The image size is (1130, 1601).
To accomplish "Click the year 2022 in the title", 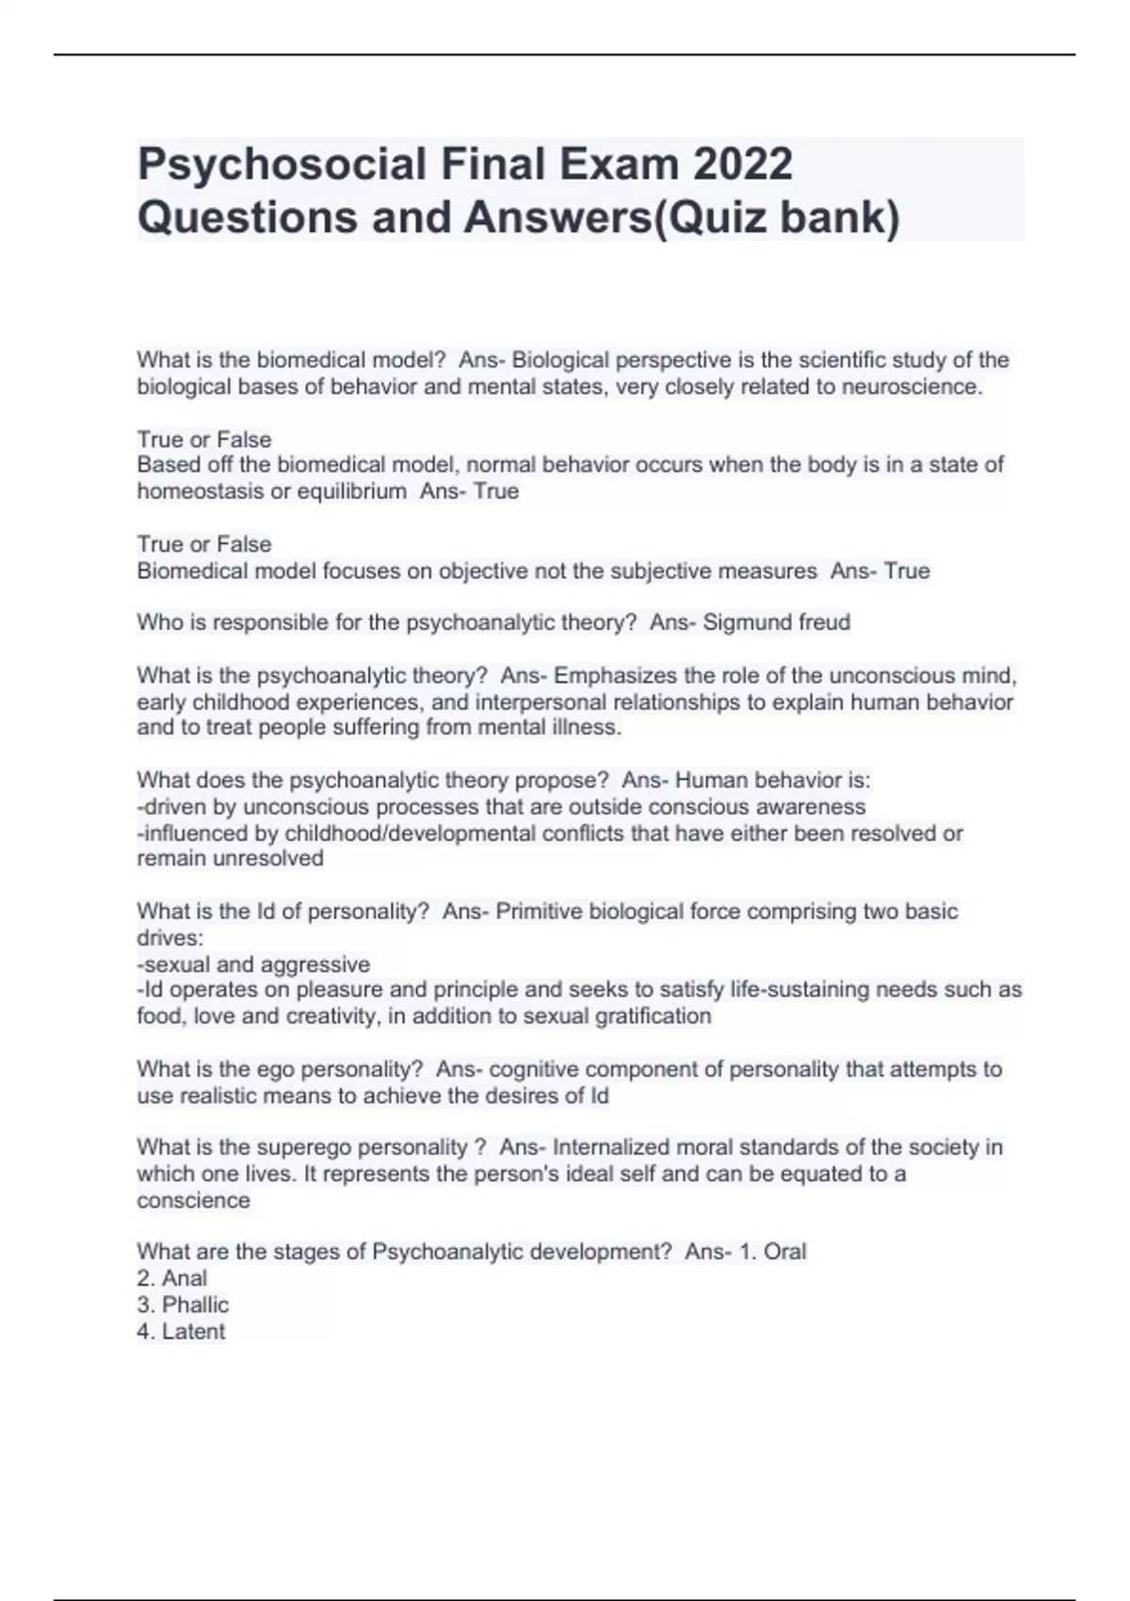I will (x=743, y=164).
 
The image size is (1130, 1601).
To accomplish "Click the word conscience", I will (x=193, y=1201).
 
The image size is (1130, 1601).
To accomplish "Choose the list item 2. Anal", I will (x=171, y=1279).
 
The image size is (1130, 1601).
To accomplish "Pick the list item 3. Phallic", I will (x=183, y=1305).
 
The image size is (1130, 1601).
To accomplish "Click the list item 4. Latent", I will (x=181, y=1332).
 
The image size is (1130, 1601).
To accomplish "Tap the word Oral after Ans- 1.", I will (x=784, y=1253).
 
